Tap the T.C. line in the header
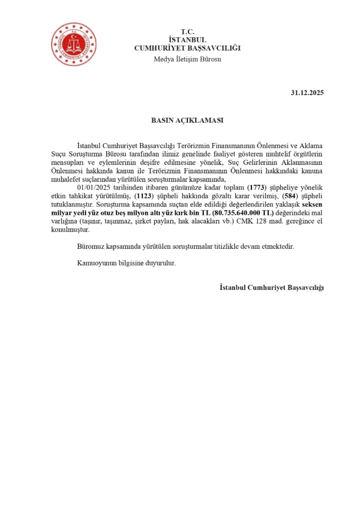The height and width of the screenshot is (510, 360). pos(187,31)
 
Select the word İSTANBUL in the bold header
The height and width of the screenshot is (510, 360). pos(187,39)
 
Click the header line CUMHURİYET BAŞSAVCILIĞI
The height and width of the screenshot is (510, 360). pos(187,48)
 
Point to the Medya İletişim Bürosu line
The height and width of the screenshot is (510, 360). pos(187,59)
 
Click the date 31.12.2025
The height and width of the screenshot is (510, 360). pos(307,92)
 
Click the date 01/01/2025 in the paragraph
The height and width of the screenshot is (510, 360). pos(94,186)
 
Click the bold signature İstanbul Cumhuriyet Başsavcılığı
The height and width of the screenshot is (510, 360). pos(272,287)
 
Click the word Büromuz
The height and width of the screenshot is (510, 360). pos(91,247)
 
